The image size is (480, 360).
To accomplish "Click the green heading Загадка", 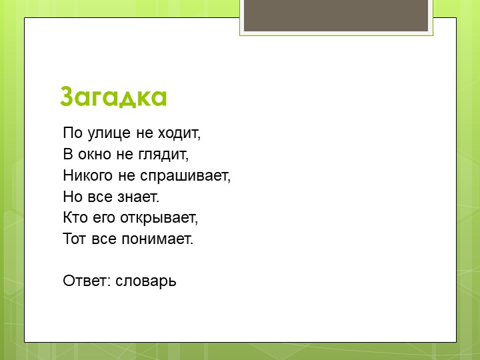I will pos(113,97).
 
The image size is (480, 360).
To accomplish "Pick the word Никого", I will pos(85,176).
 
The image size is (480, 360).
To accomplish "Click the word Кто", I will pos(73,218).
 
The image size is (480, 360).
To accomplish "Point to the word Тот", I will pos(73,239).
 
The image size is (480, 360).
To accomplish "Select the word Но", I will pos(72,197).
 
